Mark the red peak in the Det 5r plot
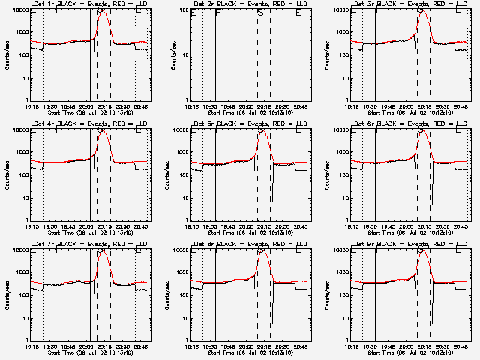pos(262,132)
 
